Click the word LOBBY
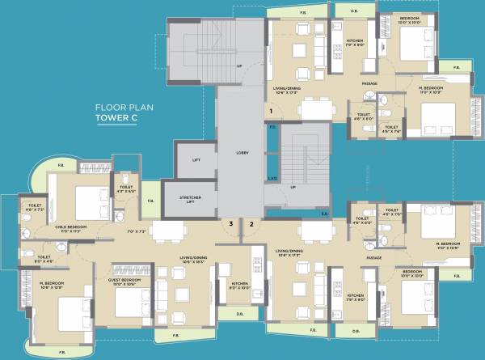click(x=242, y=152)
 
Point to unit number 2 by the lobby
click(x=251, y=223)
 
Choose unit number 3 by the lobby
click(x=230, y=223)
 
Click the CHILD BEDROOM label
click(x=71, y=228)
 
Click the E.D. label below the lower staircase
click(x=323, y=214)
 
